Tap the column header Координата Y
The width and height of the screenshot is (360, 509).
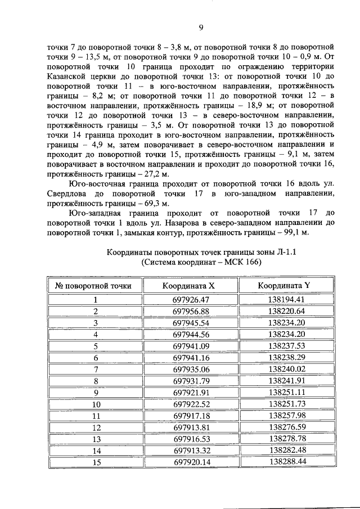tap(286, 285)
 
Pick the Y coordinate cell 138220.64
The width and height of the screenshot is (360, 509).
tap(286, 311)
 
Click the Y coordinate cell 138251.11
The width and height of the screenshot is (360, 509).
tap(286, 392)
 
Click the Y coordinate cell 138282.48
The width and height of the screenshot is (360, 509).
tap(286, 450)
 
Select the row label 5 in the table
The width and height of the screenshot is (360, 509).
tap(96, 346)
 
